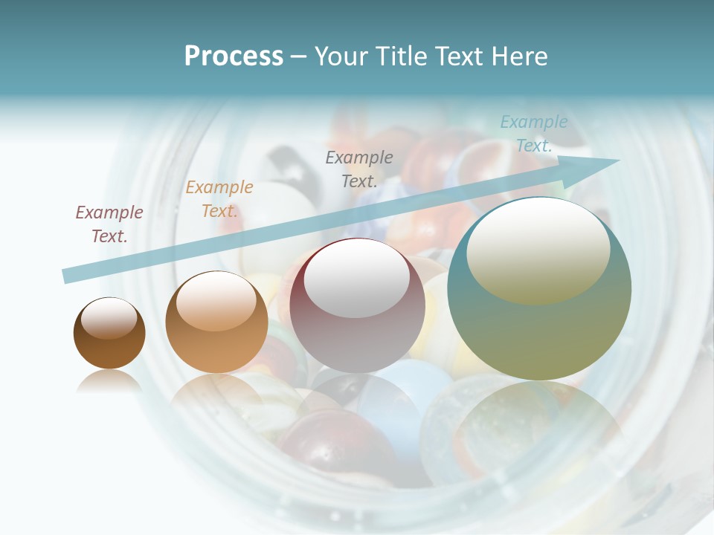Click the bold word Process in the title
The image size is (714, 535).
pyautogui.click(x=234, y=56)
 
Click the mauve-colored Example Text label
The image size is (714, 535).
pyautogui.click(x=109, y=224)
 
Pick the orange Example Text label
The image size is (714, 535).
pyautogui.click(x=219, y=199)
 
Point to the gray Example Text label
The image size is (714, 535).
pyautogui.click(x=359, y=169)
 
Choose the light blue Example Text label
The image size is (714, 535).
pyautogui.click(x=534, y=134)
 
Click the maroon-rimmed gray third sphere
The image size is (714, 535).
pyautogui.click(x=357, y=334)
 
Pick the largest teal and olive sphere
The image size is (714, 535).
pyautogui.click(x=539, y=334)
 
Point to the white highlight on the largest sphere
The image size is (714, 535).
pyautogui.click(x=538, y=249)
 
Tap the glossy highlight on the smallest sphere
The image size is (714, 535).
pyautogui.click(x=109, y=318)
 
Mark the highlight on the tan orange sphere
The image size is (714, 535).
pyautogui.click(x=216, y=301)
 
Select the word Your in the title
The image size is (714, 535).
pyautogui.click(x=339, y=56)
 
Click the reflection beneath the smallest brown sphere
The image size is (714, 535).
pyautogui.click(x=109, y=382)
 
